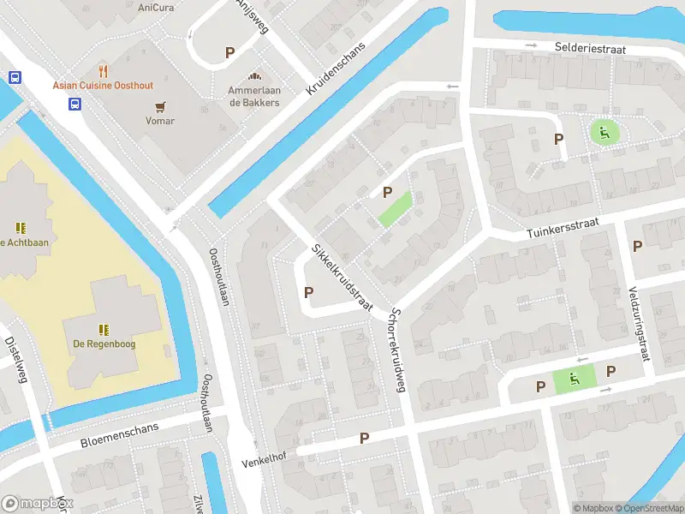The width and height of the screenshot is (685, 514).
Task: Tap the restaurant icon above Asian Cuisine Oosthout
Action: (104, 70)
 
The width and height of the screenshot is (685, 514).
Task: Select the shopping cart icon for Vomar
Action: (160, 106)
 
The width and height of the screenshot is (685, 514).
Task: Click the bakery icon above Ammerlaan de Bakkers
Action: (253, 77)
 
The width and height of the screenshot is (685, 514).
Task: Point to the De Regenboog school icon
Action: (104, 329)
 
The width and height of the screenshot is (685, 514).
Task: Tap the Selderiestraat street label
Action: (590, 50)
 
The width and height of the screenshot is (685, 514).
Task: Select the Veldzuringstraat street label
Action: (639, 322)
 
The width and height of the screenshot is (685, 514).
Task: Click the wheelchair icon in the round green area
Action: (605, 132)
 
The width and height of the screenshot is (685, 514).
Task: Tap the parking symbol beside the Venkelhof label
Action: (364, 439)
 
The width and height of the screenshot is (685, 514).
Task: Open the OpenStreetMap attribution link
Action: (647, 508)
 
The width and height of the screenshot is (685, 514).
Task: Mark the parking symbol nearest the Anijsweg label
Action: (229, 53)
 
